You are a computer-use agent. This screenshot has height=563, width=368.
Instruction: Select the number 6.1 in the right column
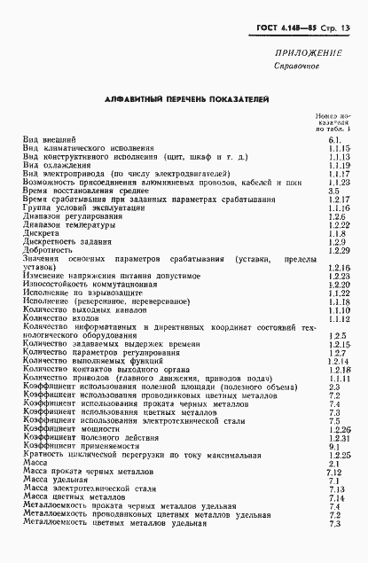[334, 140]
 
